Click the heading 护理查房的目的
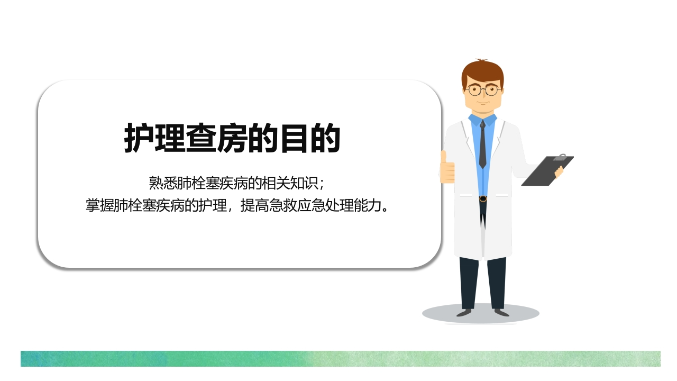pos(232,138)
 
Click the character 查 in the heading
pos(201,138)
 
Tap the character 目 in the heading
pos(295,139)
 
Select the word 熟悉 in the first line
pos(163,183)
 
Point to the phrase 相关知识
pos(289,183)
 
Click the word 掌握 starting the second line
pos(100,206)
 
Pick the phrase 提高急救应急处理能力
pos(310,206)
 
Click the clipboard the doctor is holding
pos(547,170)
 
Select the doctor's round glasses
pos(483,90)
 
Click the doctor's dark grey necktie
pos(483,144)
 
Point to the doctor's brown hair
pos(482,72)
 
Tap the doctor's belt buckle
pos(483,198)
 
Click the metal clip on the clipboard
pos(560,157)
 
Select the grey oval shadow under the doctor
pos(481,313)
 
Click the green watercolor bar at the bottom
pos(340,359)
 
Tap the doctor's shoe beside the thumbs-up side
pos(464,313)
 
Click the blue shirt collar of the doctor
pos(483,120)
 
